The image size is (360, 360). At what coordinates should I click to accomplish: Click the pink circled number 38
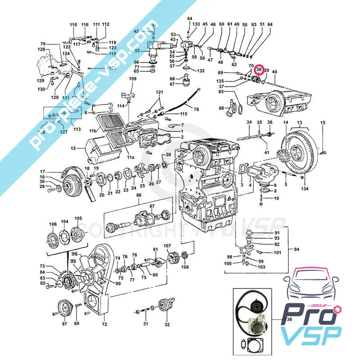coord(259,70)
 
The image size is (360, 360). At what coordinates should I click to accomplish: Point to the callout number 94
coord(297,249)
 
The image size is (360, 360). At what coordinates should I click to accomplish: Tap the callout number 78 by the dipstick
coord(196,109)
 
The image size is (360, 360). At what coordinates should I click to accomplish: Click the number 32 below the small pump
coord(167,324)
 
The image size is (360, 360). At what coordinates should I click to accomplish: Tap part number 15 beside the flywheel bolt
coord(322,123)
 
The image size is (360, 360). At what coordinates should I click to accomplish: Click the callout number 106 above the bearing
coord(53,224)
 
